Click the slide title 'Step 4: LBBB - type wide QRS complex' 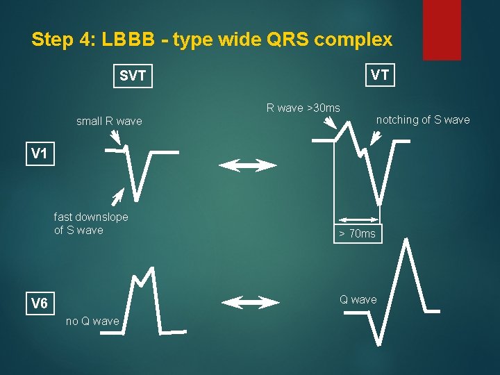pyautogui.click(x=212, y=40)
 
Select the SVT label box pyautogui.click(x=133, y=76)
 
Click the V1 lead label pyautogui.click(x=39, y=154)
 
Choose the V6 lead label pyautogui.click(x=39, y=304)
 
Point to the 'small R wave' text pyautogui.click(x=109, y=122)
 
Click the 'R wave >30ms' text pyautogui.click(x=303, y=108)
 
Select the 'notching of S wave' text pyautogui.click(x=422, y=120)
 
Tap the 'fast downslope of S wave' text pyautogui.click(x=91, y=224)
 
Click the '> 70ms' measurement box pyautogui.click(x=357, y=233)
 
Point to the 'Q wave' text pyautogui.click(x=358, y=299)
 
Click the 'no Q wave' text pyautogui.click(x=92, y=321)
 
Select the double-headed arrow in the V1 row pyautogui.click(x=248, y=165)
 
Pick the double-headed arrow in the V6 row pyautogui.click(x=249, y=302)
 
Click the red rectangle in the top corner pyautogui.click(x=442, y=29)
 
